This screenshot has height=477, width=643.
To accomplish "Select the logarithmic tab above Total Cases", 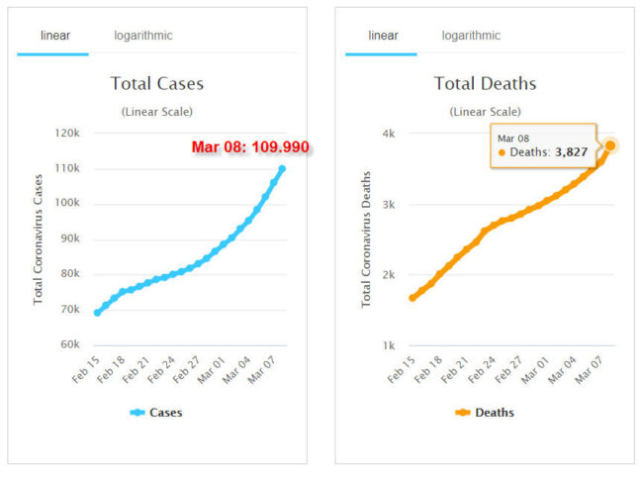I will pos(142,36).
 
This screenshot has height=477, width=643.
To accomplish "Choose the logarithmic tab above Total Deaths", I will pos(471,36).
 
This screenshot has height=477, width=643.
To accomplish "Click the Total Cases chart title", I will pos(157,83).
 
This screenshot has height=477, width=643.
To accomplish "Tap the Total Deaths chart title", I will pos(486,83).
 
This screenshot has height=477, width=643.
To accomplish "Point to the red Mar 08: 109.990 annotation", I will pos(250,147).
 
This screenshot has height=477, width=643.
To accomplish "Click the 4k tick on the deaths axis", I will pos(389,134).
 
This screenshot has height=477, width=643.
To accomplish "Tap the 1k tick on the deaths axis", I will pos(389,345).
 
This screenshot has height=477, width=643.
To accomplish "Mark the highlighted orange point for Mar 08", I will pos(610,145).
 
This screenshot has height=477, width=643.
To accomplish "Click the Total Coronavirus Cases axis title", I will pos(39,238).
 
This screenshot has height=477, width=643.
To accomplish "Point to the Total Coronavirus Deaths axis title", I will pos(367,238).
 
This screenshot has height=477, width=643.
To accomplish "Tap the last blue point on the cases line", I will pos(282,168).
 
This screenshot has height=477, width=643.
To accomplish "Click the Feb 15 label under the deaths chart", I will pos(400,367).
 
